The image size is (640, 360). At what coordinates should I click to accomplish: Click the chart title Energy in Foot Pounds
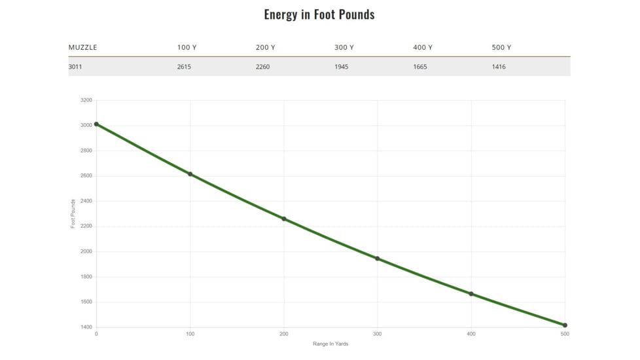coord(319,14)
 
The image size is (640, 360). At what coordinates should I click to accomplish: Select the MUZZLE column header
coord(82,48)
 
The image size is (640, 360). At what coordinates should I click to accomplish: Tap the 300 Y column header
coord(344,48)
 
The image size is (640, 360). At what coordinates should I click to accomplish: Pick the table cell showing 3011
coord(75,67)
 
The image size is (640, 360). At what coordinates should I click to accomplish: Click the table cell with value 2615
coord(184,67)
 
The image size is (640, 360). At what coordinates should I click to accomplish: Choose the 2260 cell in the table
coord(262,67)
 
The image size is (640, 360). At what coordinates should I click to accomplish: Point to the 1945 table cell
coord(341,67)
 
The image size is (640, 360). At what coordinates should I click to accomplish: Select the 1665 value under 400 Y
coord(420,67)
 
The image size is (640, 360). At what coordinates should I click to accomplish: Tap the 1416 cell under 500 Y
coord(499,67)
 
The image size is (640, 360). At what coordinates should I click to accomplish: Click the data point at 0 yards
coord(96,124)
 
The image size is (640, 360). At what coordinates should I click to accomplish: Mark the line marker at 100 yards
coord(190,174)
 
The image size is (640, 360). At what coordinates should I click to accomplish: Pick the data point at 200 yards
coord(284,219)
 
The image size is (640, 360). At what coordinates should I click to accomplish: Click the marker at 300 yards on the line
coord(378,259)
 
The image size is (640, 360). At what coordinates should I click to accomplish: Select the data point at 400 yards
coord(471,294)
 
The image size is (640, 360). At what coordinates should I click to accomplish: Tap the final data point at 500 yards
coord(565,325)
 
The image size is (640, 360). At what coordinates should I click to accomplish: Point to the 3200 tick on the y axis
coord(86,101)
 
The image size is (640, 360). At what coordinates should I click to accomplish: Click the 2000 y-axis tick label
coord(86,252)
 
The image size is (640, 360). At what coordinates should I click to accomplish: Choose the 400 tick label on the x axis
coord(471,334)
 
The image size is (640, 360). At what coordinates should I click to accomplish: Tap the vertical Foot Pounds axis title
coord(73,214)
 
